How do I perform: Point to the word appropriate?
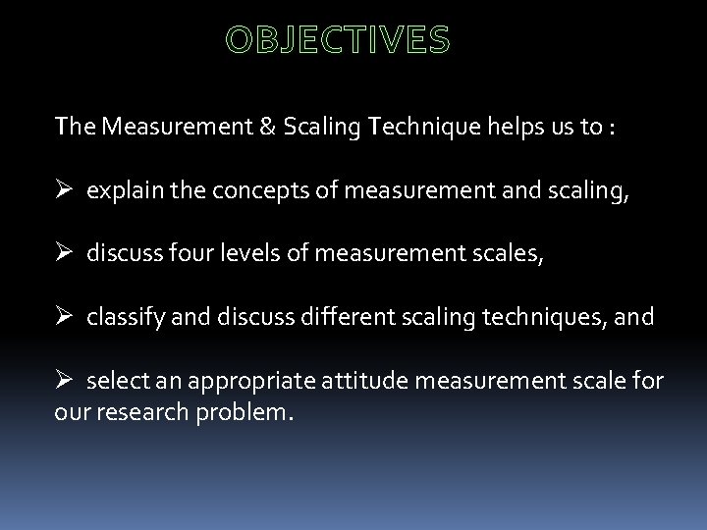[249, 380]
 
